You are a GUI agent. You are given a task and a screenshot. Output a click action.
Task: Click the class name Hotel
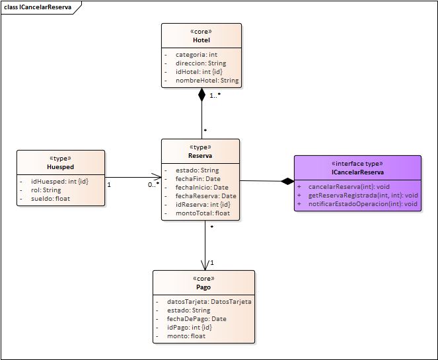(x=201, y=40)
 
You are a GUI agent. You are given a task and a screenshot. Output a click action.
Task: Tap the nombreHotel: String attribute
(x=207, y=81)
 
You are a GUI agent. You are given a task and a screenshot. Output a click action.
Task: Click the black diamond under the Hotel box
(x=201, y=94)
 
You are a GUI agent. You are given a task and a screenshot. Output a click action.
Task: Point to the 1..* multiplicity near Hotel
(x=215, y=96)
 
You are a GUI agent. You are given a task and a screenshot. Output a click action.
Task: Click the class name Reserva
(x=200, y=157)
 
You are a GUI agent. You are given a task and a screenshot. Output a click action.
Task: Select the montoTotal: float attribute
(x=203, y=213)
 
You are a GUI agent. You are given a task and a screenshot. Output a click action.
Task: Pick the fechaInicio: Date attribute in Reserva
(x=202, y=187)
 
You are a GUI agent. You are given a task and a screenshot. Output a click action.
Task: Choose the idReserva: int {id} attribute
(x=203, y=204)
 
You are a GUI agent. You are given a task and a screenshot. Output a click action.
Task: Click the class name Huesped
(x=60, y=167)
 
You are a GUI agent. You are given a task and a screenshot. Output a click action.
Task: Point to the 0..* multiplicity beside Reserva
(x=153, y=185)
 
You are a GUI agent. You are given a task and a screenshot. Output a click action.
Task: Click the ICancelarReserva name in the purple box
(x=357, y=172)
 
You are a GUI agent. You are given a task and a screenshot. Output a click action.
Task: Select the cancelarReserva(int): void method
(x=349, y=187)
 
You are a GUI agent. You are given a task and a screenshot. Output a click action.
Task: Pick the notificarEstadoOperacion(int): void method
(x=363, y=204)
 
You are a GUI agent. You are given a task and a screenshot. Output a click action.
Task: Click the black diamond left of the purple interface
(x=287, y=181)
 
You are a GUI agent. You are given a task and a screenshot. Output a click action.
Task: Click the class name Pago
(x=203, y=287)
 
